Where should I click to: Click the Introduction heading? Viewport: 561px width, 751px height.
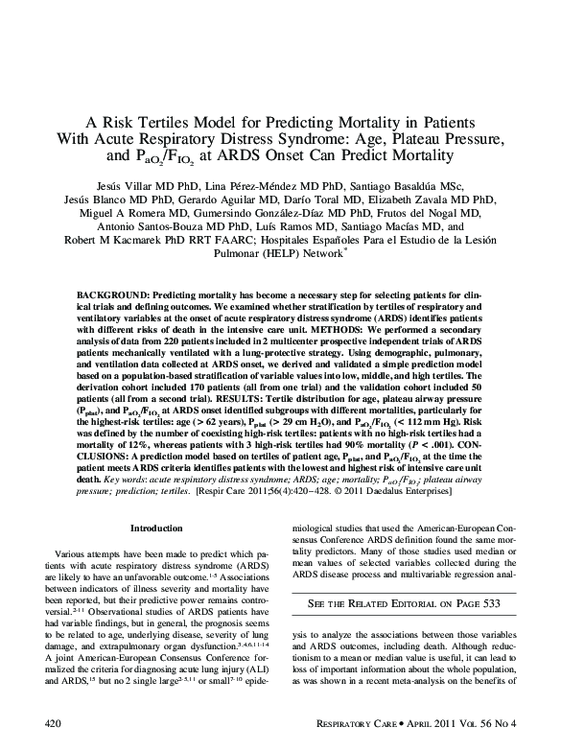[156, 528]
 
